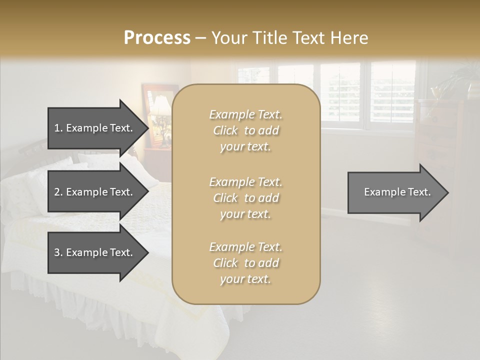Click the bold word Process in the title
(x=157, y=38)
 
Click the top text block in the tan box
(x=245, y=130)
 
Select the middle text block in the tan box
(x=245, y=198)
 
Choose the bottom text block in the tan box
(x=245, y=263)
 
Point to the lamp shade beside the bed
(x=160, y=106)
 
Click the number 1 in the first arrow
(x=56, y=128)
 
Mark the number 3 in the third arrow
(x=56, y=252)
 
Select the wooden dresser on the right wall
(x=440, y=150)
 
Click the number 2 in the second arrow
(x=56, y=192)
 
